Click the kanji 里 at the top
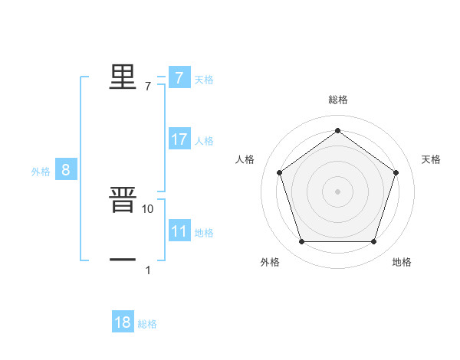pos(123,77)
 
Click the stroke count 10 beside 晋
pos(148,208)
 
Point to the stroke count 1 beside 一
pos(148,270)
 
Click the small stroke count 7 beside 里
pos(148,87)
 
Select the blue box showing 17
pos(179,139)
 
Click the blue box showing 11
pos(179,231)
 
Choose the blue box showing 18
pos(123,322)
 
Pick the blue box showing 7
pos(179,78)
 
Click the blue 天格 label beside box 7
pos(204,80)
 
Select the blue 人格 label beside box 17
pos(204,141)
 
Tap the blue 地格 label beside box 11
pos(204,233)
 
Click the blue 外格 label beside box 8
pos(41,172)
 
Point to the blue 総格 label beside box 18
pos(147,324)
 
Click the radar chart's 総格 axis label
pos(337,100)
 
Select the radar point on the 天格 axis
pos(396,172)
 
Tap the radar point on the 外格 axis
pos(301,242)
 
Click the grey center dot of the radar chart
pos(337,191)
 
